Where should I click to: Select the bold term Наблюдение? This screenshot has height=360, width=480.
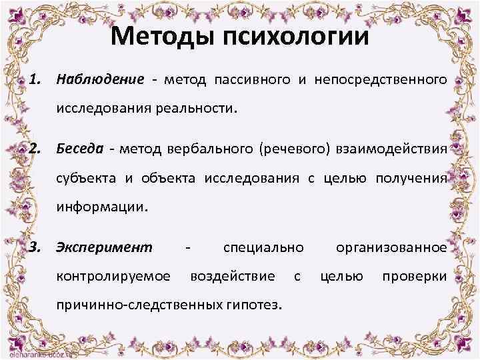pos(100,81)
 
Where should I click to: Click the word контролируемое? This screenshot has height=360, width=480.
pos(113,276)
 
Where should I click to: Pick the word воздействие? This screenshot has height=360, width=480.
pos(232,276)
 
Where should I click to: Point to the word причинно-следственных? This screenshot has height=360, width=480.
pos(140,305)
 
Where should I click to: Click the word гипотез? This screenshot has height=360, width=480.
pos(254,305)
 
